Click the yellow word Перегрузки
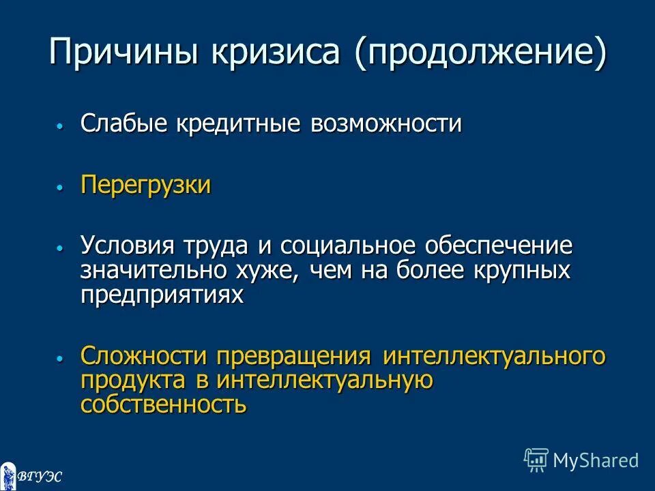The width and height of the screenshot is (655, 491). pyautogui.click(x=146, y=185)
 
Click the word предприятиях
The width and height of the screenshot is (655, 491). pyautogui.click(x=162, y=295)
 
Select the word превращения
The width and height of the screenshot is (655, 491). pyautogui.click(x=293, y=357)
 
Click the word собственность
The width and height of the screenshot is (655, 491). pyautogui.click(x=163, y=404)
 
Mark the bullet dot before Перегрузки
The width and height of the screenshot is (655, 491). pyautogui.click(x=60, y=186)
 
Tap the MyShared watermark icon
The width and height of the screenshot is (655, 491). pyautogui.click(x=536, y=460)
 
